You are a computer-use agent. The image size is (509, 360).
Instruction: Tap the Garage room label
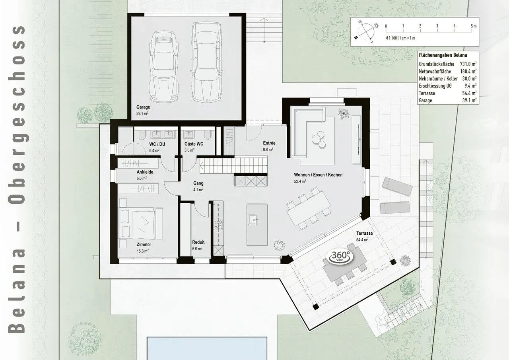pos(143,107)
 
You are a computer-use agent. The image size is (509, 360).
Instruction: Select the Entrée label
pos(269,143)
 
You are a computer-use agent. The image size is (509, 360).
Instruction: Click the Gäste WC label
pos(194,144)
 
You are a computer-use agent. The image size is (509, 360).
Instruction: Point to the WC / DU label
pos(157,144)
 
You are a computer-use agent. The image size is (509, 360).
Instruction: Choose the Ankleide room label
pos(145,172)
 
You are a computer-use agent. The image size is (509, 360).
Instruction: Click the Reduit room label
pos(198,242)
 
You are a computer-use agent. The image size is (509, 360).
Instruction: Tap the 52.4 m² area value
pos(300,181)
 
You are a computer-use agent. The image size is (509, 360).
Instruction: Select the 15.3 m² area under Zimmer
pos(143,251)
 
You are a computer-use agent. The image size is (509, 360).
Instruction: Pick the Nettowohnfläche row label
pos(435,71)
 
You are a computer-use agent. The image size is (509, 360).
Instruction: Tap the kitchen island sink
pos(253,220)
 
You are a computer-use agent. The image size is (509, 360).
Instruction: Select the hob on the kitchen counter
pos(218,225)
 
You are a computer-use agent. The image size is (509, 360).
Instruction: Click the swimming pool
pos(207,348)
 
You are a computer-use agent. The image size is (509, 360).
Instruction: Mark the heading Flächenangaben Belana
pos(443,55)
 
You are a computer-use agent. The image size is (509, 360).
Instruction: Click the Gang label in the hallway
pos(198,183)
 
